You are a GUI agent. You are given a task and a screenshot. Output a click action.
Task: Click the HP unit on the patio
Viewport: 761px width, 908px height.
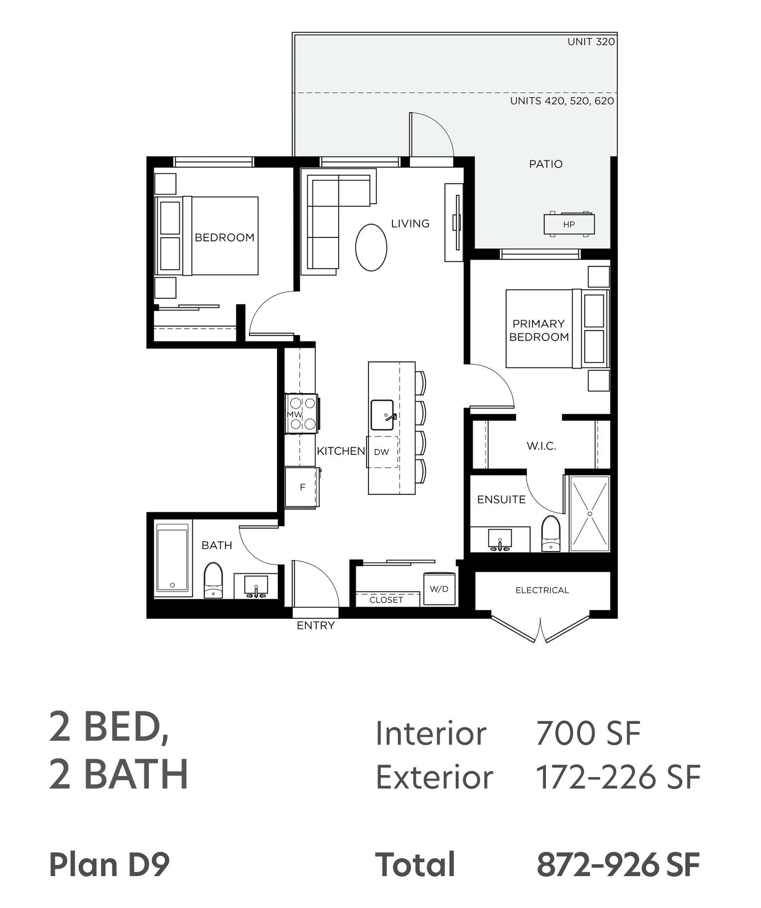click(569, 224)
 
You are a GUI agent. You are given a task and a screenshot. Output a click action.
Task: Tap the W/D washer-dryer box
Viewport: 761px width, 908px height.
click(439, 589)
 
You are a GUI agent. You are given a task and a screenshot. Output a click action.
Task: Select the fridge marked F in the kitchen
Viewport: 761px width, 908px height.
click(302, 487)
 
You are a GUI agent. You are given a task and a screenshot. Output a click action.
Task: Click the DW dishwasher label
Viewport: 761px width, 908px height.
click(381, 452)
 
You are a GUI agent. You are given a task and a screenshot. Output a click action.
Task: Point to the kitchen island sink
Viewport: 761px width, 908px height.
click(383, 415)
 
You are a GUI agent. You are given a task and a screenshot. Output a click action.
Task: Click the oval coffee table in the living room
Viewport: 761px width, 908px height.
click(371, 247)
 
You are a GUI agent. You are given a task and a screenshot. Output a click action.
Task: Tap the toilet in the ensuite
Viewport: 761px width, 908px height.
click(550, 534)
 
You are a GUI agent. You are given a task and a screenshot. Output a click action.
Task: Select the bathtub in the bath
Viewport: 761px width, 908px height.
click(172, 559)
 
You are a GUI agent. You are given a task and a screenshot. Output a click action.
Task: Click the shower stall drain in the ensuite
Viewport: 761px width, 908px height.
click(590, 514)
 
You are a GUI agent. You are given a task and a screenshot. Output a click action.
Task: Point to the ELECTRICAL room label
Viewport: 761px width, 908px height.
click(542, 590)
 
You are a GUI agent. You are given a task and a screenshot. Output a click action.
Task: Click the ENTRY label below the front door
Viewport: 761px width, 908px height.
click(316, 625)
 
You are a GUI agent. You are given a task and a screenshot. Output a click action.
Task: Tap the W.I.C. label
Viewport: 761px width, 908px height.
click(541, 446)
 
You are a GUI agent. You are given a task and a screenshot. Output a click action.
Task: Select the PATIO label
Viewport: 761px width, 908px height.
click(546, 164)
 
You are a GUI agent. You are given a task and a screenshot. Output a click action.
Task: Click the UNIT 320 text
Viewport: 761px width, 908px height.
click(591, 42)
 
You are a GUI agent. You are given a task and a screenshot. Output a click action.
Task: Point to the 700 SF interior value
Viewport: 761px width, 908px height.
click(588, 733)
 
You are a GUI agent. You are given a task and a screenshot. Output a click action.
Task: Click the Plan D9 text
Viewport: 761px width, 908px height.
click(110, 865)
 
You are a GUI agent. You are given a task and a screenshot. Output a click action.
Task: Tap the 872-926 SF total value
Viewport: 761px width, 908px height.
click(618, 865)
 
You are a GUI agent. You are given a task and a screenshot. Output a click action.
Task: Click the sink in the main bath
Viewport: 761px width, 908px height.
click(256, 586)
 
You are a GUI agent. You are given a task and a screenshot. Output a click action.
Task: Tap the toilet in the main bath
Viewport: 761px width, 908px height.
click(213, 580)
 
